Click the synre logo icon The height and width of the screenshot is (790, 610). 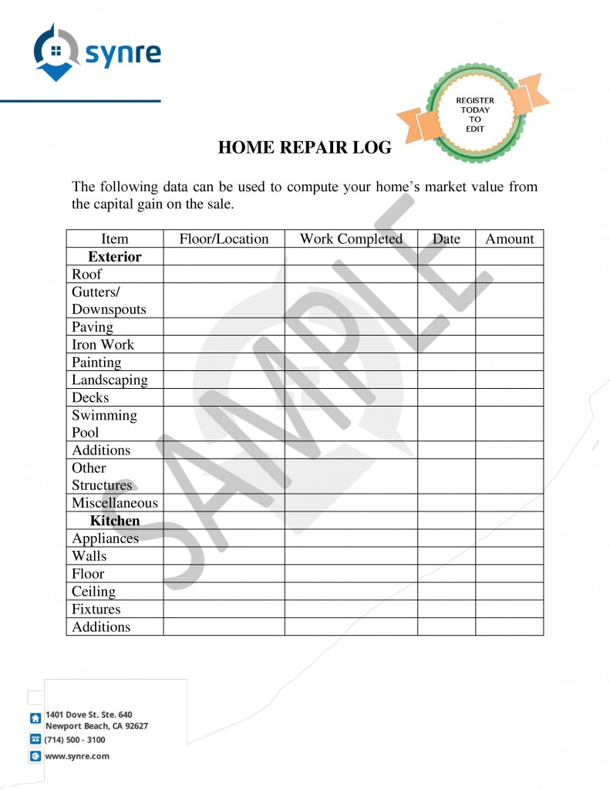[56, 52]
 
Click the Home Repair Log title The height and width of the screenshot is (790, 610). [305, 147]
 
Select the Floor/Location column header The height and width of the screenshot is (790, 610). [224, 238]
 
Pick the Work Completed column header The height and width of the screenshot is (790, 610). [351, 238]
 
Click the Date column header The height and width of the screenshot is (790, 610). [446, 238]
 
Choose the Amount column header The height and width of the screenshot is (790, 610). [509, 238]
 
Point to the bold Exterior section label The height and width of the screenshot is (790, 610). [114, 256]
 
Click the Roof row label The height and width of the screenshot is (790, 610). [86, 274]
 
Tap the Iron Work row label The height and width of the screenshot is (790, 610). [103, 345]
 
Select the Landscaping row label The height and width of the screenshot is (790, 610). [110, 380]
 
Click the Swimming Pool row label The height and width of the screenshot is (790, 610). [104, 424]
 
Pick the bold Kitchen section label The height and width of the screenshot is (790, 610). [114, 521]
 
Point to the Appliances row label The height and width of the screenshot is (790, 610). [105, 538]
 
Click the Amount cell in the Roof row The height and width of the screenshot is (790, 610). [509, 274]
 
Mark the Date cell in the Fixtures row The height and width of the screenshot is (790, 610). [446, 609]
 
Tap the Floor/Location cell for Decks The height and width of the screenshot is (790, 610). [224, 397]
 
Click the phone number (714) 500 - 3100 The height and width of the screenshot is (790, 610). [75, 739]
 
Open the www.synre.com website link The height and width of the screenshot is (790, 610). [77, 756]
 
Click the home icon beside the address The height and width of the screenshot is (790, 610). [35, 718]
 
